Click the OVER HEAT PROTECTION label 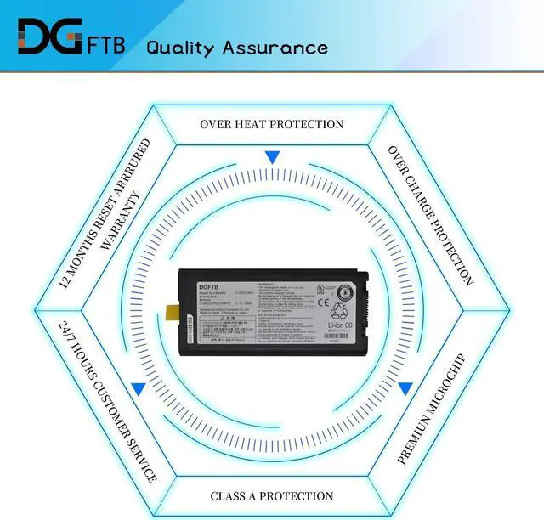[x=272, y=124]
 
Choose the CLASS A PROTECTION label [x=272, y=495]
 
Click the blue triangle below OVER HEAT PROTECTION [x=272, y=157]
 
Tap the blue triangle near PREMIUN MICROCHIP [x=405, y=387]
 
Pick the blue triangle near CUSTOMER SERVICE [x=138, y=387]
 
